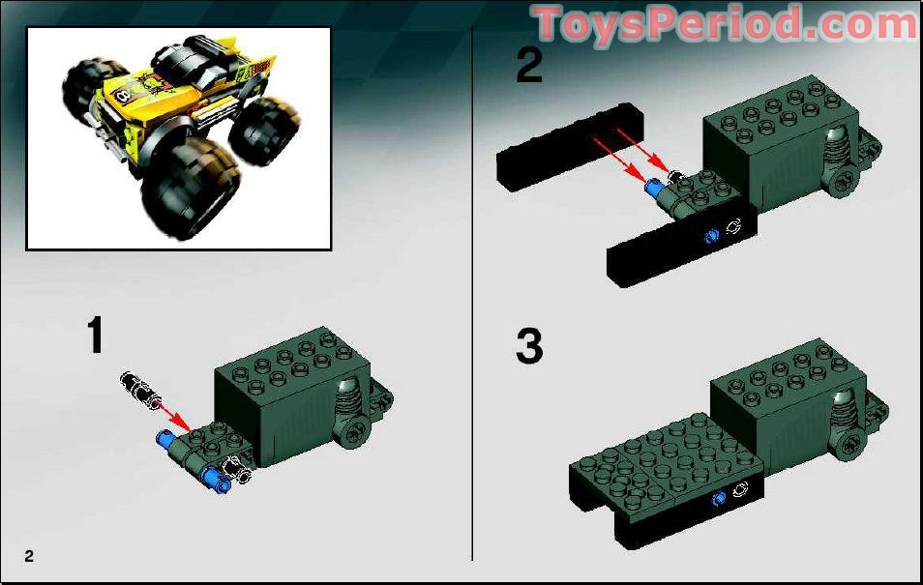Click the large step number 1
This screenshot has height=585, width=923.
[x=94, y=336]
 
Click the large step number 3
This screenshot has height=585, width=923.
[x=528, y=347]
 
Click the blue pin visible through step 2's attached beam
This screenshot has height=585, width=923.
[x=713, y=234]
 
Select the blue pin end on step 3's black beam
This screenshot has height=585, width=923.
[x=719, y=499]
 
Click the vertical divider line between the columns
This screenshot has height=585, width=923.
[x=472, y=290]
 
